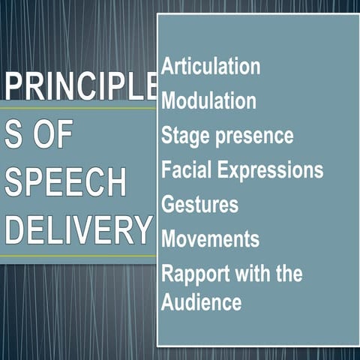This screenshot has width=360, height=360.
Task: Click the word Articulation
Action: [x=211, y=66]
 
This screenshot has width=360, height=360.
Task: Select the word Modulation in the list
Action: [x=208, y=100]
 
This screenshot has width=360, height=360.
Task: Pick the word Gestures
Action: [x=199, y=204]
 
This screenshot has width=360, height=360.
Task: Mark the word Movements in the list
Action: [x=210, y=238]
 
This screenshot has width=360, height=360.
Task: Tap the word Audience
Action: [x=201, y=302]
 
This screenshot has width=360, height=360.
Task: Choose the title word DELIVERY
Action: [x=78, y=230]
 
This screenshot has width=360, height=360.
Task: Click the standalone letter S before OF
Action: [x=13, y=137]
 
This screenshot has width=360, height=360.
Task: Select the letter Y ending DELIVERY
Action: [x=142, y=230]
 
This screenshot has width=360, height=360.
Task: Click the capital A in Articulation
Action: [x=168, y=66]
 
